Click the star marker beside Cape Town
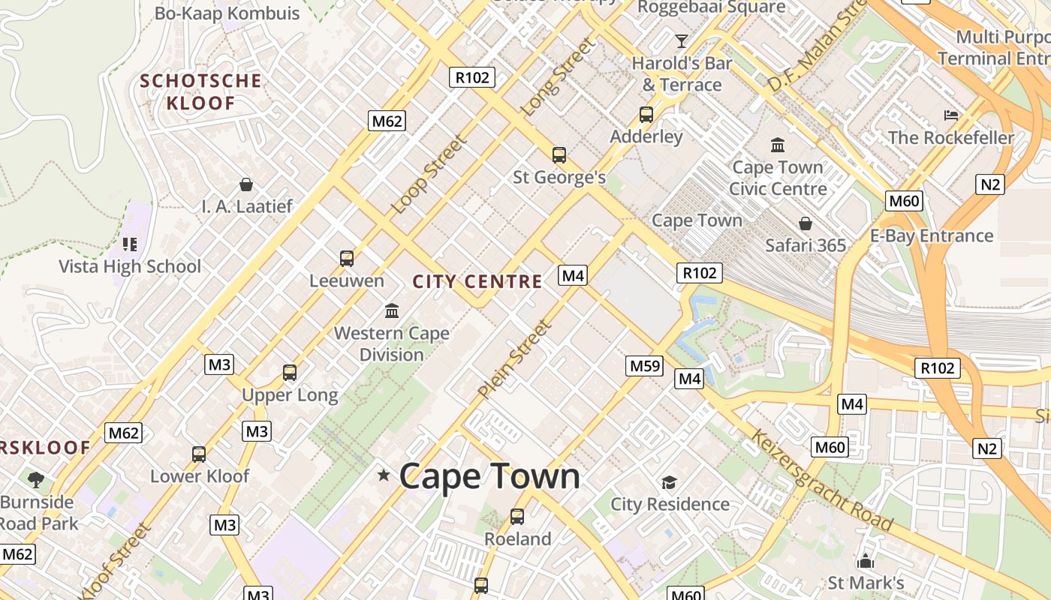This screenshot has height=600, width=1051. tap(384, 475)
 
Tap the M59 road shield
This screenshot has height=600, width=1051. tap(645, 366)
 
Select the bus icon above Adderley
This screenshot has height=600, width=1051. tap(646, 115)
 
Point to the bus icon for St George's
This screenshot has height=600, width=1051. tap(559, 155)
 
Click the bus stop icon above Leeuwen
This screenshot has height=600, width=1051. tap(347, 259)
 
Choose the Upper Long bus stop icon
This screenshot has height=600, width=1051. tap(290, 372)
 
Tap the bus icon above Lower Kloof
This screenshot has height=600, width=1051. tap(199, 454)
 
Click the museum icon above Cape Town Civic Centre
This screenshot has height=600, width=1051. tap(778, 145)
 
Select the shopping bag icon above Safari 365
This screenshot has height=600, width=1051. tap(806, 223)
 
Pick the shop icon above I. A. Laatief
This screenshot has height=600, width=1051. tap(246, 184)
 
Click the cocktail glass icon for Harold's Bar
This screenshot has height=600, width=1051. tap(682, 40)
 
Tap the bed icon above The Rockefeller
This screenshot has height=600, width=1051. tap(951, 115)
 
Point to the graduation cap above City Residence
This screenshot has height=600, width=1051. tap(669, 482)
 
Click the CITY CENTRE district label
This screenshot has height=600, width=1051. tap(477, 282)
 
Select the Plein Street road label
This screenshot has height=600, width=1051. tap(515, 359)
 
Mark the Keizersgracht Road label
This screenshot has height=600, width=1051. tap(822, 481)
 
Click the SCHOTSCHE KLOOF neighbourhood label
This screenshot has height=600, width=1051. tap(201, 91)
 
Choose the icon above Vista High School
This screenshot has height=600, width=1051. tap(130, 244)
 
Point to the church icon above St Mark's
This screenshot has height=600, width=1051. tap(866, 561)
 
